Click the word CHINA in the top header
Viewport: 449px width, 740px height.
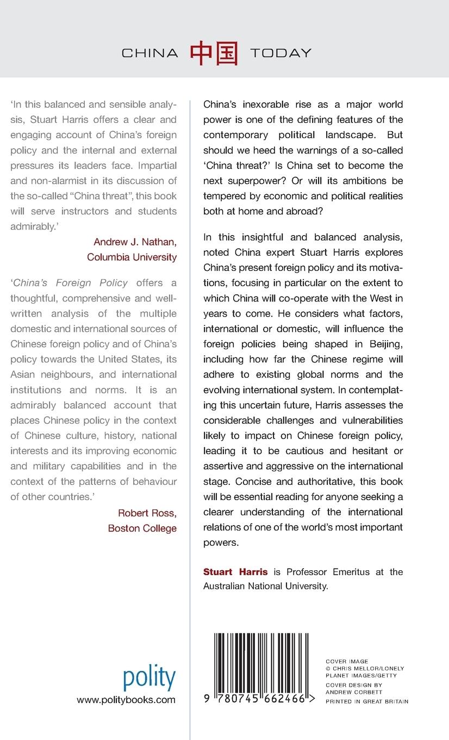tap(149, 53)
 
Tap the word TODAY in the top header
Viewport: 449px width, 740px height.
tap(280, 53)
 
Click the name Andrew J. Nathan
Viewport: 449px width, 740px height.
tap(135, 242)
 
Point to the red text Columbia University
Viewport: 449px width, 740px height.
tap(132, 257)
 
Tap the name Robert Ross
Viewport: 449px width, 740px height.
tap(147, 513)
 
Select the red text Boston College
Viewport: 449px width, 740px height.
tap(142, 528)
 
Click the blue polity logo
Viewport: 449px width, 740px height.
tap(149, 678)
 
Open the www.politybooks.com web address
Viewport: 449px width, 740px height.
tap(126, 700)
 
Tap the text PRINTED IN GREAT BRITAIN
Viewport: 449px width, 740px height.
tap(366, 702)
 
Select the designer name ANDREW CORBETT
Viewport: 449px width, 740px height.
tap(346, 692)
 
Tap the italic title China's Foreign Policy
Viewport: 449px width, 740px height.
tap(70, 282)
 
